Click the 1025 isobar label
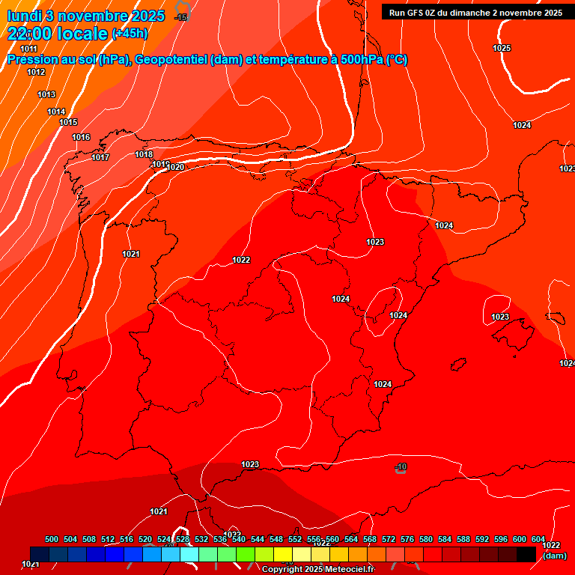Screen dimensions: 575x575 click(x=502, y=48)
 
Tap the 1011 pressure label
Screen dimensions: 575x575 click(x=28, y=49)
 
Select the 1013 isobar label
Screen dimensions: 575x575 click(x=46, y=94)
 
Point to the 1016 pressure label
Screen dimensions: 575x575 click(x=81, y=137)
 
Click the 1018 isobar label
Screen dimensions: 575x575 click(x=144, y=154)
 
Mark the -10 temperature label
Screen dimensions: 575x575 click(x=401, y=467)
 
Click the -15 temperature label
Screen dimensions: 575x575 click(x=181, y=16)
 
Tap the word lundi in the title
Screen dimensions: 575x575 click(x=25, y=16)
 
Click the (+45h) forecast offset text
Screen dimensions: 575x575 click(x=130, y=34)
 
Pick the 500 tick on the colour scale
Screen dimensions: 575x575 click(x=52, y=539)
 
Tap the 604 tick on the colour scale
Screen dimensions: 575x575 click(x=538, y=539)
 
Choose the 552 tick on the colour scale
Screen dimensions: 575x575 click(x=295, y=539)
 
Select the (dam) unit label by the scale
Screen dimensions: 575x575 click(x=555, y=556)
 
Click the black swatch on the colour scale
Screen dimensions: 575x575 click(x=526, y=554)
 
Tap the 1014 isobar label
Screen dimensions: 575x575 click(x=56, y=112)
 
